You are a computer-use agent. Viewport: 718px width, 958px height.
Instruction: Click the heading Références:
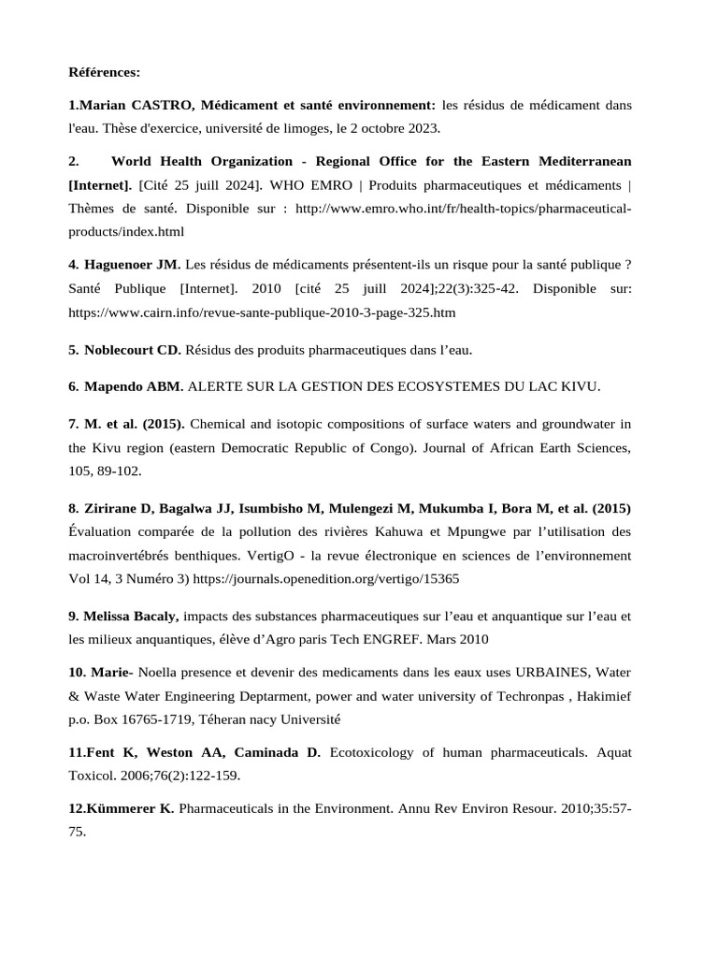[x=105, y=71]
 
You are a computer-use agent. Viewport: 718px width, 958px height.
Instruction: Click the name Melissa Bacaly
[x=132, y=617]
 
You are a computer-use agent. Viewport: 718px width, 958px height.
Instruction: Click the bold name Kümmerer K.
[x=130, y=807]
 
